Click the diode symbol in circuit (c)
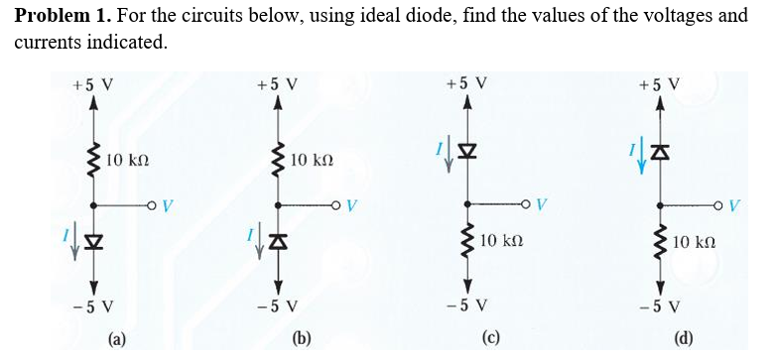point(465,152)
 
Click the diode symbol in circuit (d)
point(656,152)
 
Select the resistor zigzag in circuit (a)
point(94,159)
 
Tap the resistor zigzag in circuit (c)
point(465,242)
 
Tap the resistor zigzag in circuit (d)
point(656,242)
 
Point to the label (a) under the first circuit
point(117,340)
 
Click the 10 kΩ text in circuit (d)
point(696,242)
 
